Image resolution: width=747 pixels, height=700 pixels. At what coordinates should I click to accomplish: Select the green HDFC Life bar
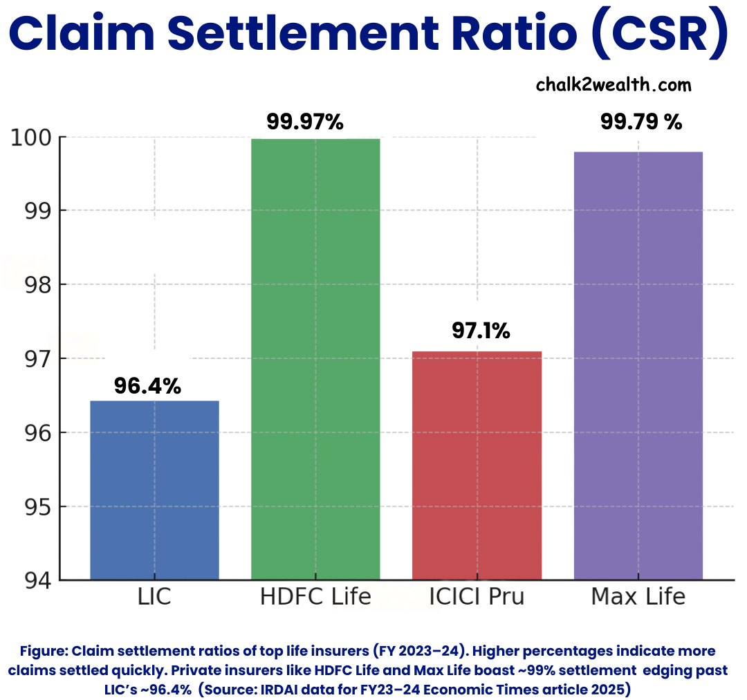pyautogui.click(x=315, y=359)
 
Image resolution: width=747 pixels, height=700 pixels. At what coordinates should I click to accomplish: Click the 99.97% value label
pyautogui.click(x=305, y=122)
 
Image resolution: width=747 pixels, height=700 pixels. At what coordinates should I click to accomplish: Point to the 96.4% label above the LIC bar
pyautogui.click(x=147, y=386)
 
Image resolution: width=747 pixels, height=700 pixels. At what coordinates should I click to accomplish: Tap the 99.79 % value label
pyautogui.click(x=641, y=122)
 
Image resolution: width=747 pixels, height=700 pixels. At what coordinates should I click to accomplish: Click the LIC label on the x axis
pyautogui.click(x=154, y=597)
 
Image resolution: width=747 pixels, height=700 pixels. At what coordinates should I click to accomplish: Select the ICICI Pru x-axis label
pyautogui.click(x=477, y=597)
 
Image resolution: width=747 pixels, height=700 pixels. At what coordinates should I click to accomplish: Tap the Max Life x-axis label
pyautogui.click(x=638, y=597)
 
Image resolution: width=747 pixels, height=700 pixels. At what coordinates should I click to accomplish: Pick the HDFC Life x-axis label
pyautogui.click(x=315, y=597)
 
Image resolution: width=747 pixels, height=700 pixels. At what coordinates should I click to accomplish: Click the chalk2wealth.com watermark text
pyautogui.click(x=614, y=85)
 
